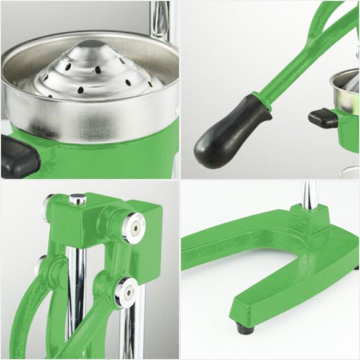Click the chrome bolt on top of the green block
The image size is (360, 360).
click(x=78, y=199)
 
